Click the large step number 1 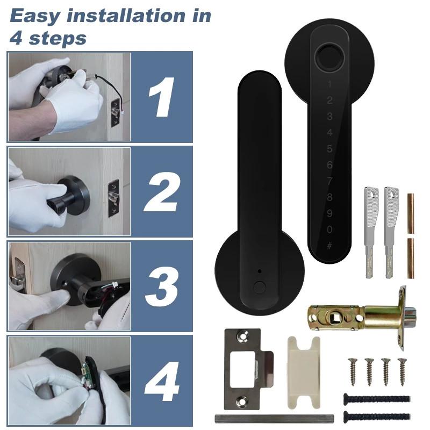tap(162, 97)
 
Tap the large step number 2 tap(161, 191)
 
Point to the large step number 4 tap(161, 381)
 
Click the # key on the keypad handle tap(329, 246)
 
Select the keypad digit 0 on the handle tap(329, 230)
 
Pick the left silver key tap(369, 231)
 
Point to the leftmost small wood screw tap(354, 370)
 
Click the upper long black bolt tap(376, 399)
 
